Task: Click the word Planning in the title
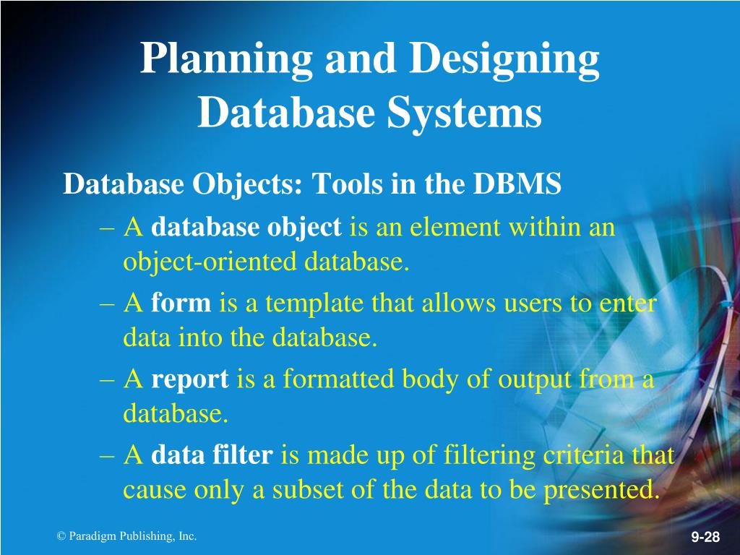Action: [x=225, y=60]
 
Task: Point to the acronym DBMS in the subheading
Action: [x=517, y=184]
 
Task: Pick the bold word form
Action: [x=181, y=304]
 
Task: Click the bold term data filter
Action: [x=212, y=455]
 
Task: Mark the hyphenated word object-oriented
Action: [x=210, y=261]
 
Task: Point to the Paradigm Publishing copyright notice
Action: [x=126, y=535]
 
